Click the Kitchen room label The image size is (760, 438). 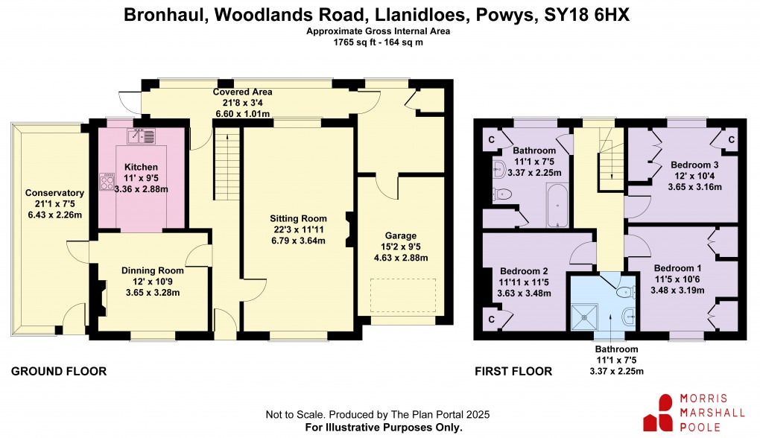[141, 167]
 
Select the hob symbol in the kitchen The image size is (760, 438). [105, 182]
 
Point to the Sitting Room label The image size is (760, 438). [298, 218]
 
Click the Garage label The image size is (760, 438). [401, 235]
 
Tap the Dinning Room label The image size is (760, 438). [152, 270]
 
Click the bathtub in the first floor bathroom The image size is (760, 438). [557, 207]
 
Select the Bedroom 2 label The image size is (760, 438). [524, 271]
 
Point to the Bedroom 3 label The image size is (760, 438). [694, 165]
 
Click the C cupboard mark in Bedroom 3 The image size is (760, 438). [731, 139]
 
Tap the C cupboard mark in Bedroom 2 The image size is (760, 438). [492, 319]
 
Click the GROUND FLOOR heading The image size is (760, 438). [59, 371]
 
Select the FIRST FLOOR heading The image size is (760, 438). [513, 371]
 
